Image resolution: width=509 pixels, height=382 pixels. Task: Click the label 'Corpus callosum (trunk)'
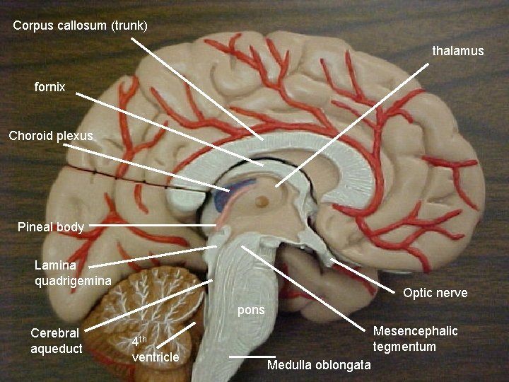(80, 26)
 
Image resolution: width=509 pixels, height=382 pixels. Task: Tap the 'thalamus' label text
(458, 51)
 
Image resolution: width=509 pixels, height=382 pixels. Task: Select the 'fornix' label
(49, 88)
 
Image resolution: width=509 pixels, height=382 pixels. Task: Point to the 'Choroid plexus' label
(51, 135)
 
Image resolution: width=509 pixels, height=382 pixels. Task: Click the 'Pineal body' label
(51, 227)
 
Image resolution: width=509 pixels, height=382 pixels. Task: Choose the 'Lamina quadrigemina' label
(73, 273)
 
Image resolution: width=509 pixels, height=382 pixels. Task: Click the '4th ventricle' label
(155, 349)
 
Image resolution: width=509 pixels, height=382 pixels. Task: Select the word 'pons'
(251, 310)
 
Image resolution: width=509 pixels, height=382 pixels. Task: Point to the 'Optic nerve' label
(435, 293)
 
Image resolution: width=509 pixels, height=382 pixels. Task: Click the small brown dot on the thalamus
(263, 201)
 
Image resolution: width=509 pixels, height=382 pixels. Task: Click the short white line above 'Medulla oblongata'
(252, 357)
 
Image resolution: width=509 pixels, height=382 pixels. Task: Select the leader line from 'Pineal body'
(152, 226)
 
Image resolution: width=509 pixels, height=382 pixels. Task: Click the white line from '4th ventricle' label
(180, 334)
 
